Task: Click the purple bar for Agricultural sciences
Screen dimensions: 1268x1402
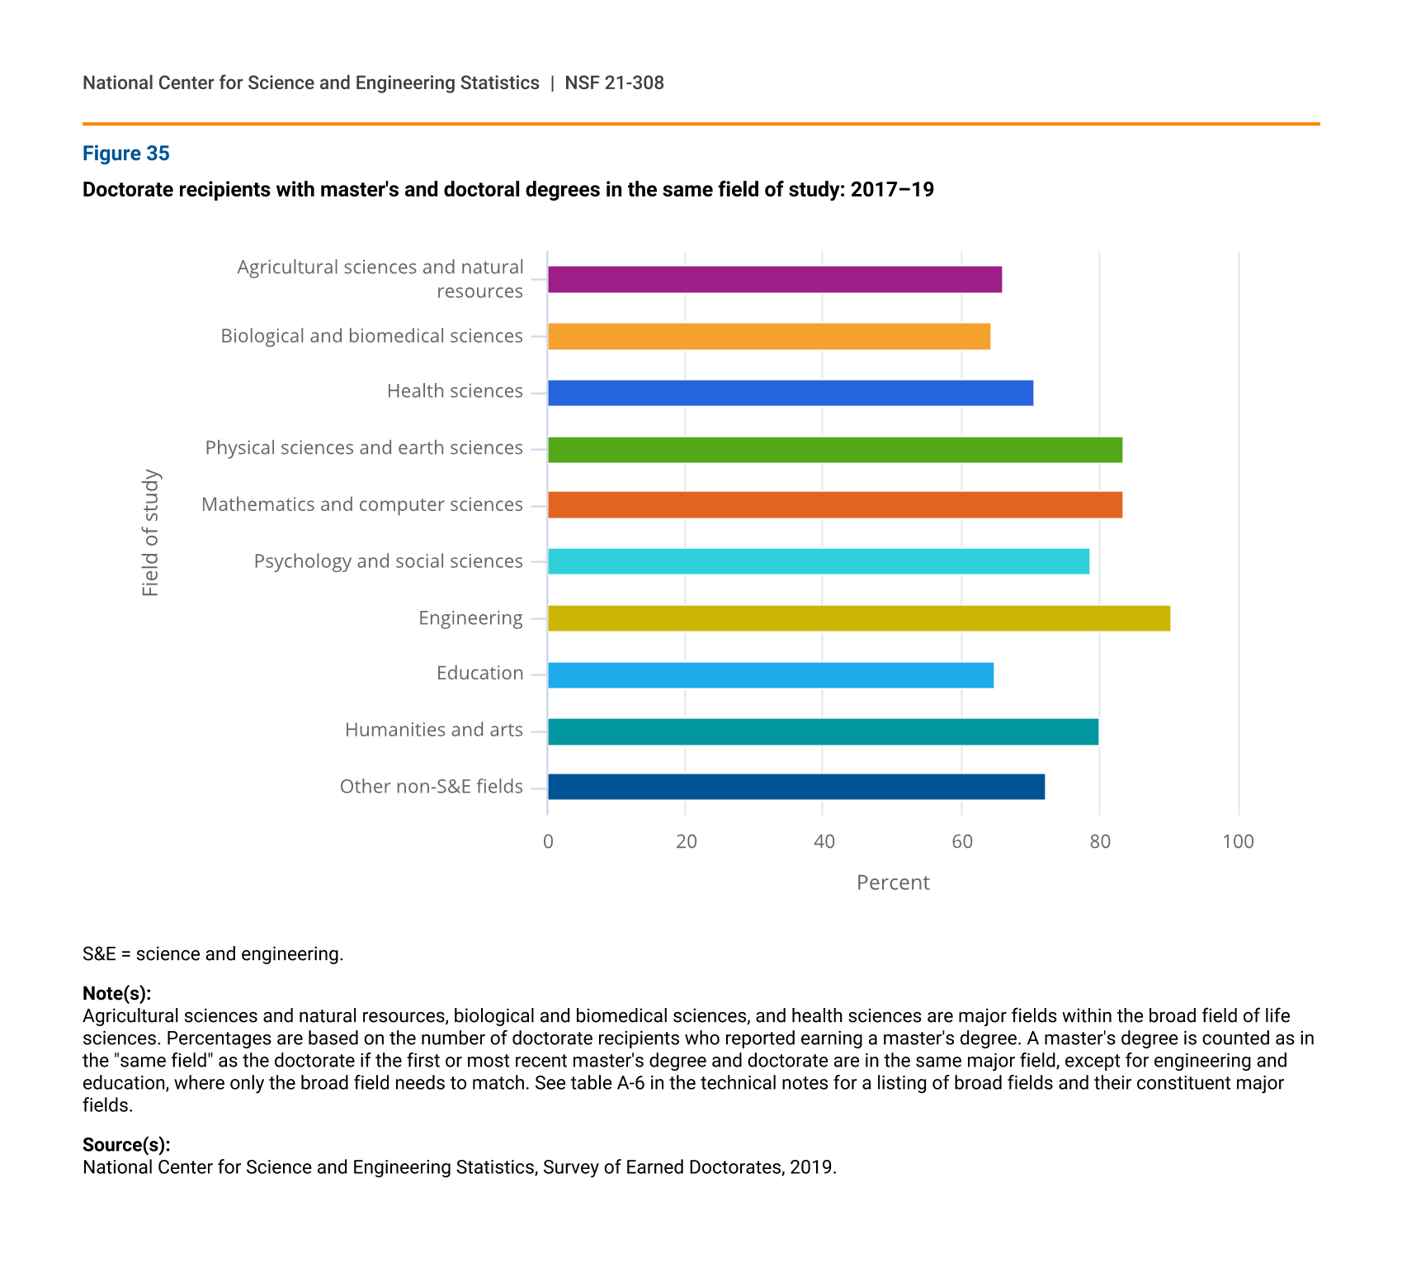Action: click(x=774, y=280)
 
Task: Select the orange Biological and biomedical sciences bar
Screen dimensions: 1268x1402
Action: click(x=768, y=337)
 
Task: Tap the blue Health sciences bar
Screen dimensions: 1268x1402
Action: click(x=790, y=393)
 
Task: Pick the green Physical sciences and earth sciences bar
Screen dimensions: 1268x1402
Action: click(x=834, y=450)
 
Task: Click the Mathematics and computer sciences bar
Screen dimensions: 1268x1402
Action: click(x=834, y=505)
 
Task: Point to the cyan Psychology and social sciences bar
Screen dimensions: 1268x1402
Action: click(x=818, y=561)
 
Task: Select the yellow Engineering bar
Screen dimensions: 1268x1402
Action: click(x=858, y=618)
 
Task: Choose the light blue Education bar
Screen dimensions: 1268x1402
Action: click(x=770, y=675)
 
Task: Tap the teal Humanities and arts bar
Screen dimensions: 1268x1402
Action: click(x=823, y=731)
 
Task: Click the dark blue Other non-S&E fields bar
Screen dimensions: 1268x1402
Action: click(x=795, y=787)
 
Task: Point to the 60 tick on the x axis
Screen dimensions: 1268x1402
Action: click(x=961, y=841)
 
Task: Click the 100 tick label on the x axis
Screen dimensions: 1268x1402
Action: click(x=1238, y=841)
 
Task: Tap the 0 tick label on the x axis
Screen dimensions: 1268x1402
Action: click(x=548, y=841)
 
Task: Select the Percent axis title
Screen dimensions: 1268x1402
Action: click(x=893, y=882)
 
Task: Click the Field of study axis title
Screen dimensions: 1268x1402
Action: click(x=150, y=532)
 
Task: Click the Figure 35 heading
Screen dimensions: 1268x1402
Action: click(x=125, y=154)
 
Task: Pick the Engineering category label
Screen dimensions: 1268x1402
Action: click(x=470, y=618)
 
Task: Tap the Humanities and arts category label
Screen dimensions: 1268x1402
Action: click(x=433, y=730)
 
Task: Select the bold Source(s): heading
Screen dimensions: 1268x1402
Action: click(x=126, y=1145)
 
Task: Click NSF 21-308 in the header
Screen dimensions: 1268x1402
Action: click(x=614, y=83)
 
